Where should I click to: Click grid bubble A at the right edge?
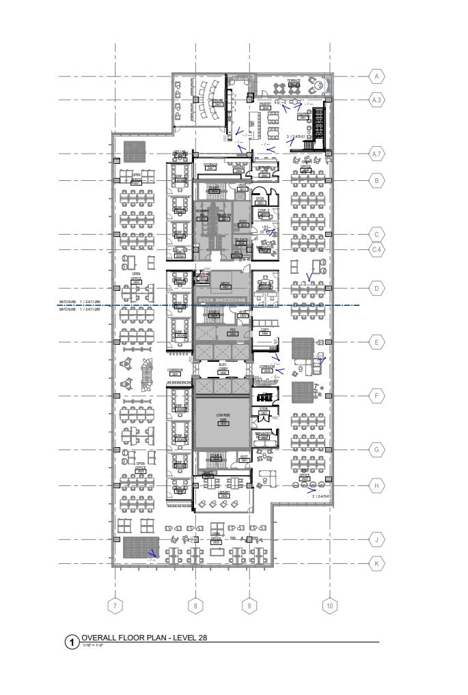[376, 76]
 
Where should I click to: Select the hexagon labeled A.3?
[376, 100]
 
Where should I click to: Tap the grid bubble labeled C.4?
[376, 251]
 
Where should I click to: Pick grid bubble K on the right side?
[376, 564]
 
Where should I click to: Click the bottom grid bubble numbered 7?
[115, 606]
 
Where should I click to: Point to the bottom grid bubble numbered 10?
[330, 606]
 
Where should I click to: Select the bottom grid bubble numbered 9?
[249, 606]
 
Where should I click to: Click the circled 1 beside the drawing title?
[72, 642]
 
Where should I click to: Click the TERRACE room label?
[293, 81]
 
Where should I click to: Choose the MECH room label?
[223, 283]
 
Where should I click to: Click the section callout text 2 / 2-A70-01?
[322, 496]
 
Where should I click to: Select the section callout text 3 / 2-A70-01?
[294, 137]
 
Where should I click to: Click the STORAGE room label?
[211, 165]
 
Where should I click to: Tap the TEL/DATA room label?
[241, 241]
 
